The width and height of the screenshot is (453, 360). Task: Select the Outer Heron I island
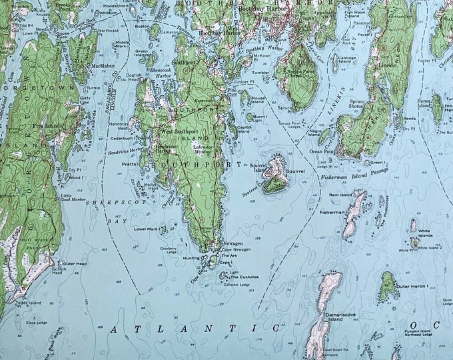click(x=387, y=285)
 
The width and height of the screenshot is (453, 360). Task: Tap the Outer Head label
click(x=75, y=263)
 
